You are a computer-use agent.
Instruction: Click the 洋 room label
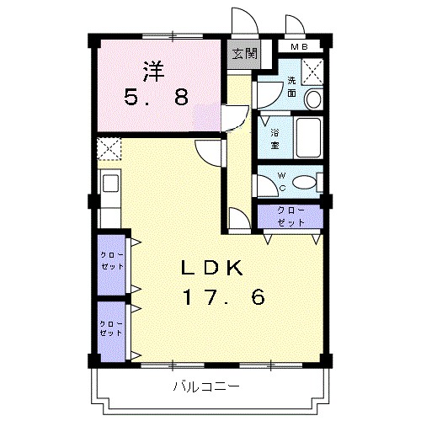[152, 71]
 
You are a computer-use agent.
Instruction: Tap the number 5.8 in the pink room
[157, 99]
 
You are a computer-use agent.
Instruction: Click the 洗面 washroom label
[291, 87]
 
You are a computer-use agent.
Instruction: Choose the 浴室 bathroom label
[274, 139]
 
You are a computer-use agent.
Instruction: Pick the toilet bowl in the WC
[306, 181]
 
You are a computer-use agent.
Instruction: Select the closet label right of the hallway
[290, 216]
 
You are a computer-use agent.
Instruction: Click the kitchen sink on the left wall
[109, 184]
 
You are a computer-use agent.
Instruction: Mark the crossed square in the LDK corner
[109, 149]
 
